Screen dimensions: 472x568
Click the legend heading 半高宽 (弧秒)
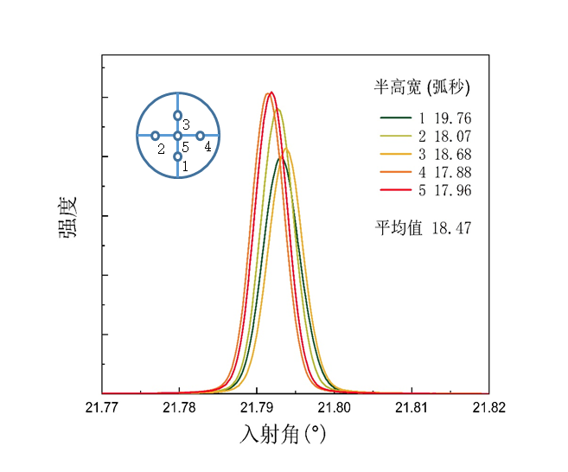click(x=421, y=86)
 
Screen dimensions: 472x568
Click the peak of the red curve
click(x=271, y=92)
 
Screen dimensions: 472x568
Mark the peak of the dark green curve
click(x=280, y=158)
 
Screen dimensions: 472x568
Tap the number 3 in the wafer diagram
click(x=186, y=125)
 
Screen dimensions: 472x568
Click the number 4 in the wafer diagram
click(x=208, y=147)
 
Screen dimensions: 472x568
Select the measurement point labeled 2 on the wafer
click(x=155, y=136)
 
